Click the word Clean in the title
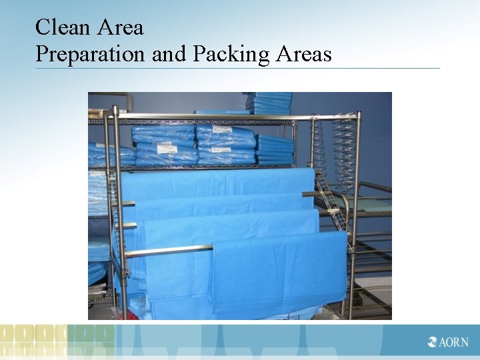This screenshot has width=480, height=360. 55,27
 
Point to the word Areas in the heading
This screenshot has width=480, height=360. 303,53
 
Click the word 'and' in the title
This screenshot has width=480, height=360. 168,53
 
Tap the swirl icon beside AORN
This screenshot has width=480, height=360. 433,343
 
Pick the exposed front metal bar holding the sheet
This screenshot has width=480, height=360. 167,252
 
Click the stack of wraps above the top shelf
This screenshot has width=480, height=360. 269,103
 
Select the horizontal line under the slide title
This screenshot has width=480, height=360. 237,68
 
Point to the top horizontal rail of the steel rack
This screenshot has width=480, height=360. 233,117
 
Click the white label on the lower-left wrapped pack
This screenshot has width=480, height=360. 160,159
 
